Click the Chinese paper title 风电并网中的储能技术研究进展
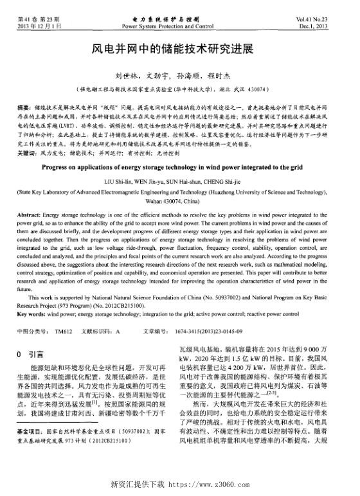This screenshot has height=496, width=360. click(x=179, y=49)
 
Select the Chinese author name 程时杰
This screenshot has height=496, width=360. click(x=231, y=75)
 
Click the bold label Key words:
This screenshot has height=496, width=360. click(x=31, y=314)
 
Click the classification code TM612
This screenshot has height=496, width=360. click(x=63, y=331)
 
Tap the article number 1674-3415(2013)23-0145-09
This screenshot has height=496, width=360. click(x=208, y=331)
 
